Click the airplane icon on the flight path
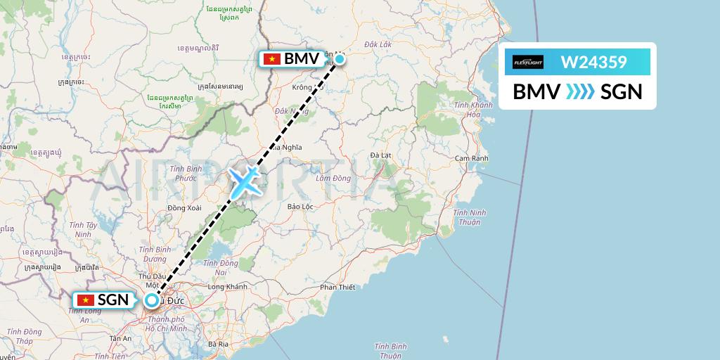pos(243,182)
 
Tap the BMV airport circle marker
pos(340,59)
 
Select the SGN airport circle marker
pos(151,301)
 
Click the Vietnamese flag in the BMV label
pos(271,59)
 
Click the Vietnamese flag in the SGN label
pos(86,300)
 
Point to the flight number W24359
pos(593,62)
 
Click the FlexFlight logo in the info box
pos(528,62)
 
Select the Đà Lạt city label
pos(380,155)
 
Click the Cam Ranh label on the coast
pos(471,158)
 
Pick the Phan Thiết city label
pos(337,287)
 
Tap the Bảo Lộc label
pos(300,207)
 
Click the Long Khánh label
pos(228,287)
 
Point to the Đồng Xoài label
pos(185,207)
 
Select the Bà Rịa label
pos(219,344)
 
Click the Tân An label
pos(120,338)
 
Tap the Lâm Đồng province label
pos(333,179)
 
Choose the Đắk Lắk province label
pos(378,44)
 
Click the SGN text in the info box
pos(622,91)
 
